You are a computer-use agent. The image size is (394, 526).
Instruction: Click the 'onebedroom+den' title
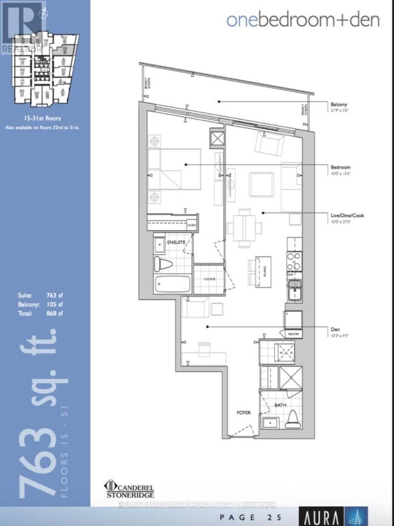pyautogui.click(x=303, y=19)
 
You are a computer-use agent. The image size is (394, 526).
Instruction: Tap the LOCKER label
pyautogui.click(x=210, y=279)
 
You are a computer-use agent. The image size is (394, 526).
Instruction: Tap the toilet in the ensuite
pyautogui.click(x=162, y=263)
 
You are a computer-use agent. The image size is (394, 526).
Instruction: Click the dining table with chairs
pyautogui.click(x=245, y=228)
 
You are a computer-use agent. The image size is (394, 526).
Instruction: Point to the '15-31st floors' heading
pyautogui.click(x=44, y=120)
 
